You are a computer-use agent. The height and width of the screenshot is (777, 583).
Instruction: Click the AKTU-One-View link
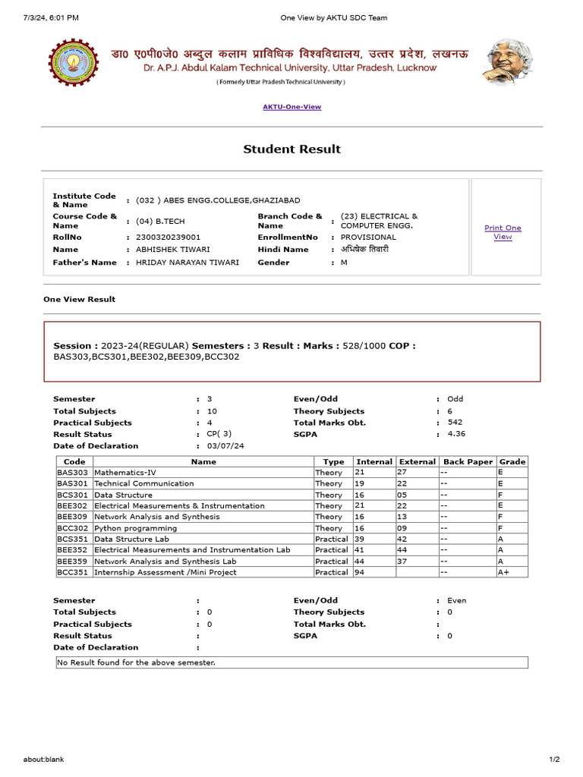click(291, 107)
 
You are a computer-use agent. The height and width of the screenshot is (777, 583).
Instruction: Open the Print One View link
click(503, 232)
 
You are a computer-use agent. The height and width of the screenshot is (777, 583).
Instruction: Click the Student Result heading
click(291, 149)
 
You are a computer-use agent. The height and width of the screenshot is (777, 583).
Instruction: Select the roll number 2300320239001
click(169, 238)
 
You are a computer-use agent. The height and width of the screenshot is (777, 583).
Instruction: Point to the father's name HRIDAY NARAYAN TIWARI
click(188, 263)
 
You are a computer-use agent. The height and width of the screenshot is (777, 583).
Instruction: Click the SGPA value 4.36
click(455, 434)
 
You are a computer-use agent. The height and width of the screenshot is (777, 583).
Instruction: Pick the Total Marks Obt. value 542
click(455, 422)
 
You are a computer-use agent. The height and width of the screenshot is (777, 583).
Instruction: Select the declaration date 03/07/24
click(225, 446)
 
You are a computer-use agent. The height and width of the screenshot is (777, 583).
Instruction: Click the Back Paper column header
click(468, 461)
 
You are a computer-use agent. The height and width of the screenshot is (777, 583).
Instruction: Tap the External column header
click(418, 461)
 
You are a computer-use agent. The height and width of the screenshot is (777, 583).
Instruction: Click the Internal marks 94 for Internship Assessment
click(362, 573)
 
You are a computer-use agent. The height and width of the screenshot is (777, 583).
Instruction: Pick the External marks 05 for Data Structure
click(402, 495)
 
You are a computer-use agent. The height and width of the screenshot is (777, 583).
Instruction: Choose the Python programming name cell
click(135, 528)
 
